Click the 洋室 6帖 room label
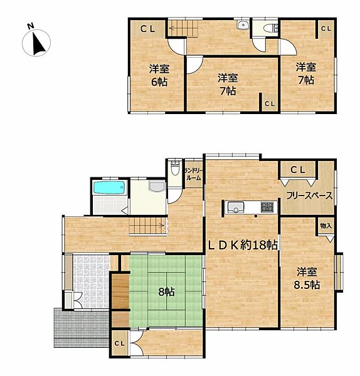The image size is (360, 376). click(157, 75)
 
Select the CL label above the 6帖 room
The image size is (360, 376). click(148, 28)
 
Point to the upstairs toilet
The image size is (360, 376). click(270, 28)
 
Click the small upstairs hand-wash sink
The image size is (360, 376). click(243, 26)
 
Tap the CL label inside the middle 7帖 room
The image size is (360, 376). click(268, 104)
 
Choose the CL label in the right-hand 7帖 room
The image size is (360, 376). click(326, 29)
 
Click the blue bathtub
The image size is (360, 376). click(109, 187)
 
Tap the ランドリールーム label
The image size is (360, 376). click(193, 174)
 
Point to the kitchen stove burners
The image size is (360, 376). click(267, 206)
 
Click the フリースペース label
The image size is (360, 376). click(309, 196)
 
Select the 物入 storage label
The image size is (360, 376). click(326, 225)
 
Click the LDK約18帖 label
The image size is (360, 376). click(243, 245)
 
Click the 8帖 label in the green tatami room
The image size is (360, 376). click(166, 292)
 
